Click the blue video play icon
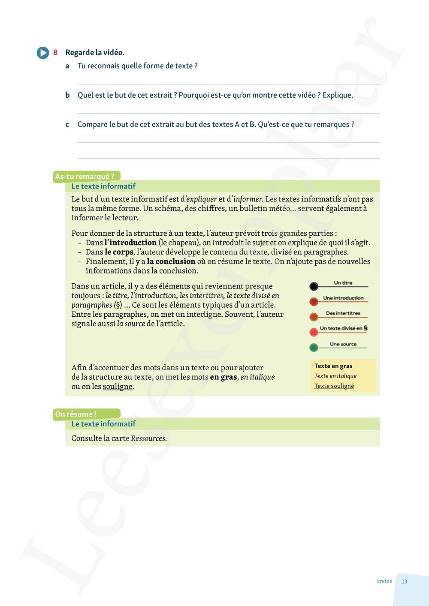point(43,53)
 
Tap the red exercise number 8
point(55,52)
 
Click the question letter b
point(67,95)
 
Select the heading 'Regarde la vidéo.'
point(95,52)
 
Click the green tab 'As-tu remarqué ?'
point(85,176)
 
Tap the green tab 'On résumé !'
point(76,414)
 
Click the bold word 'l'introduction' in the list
point(130,243)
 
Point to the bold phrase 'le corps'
point(119,252)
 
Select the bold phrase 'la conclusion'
point(171,261)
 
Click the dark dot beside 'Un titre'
point(314,286)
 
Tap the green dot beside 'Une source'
point(314,347)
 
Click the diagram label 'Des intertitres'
point(343,313)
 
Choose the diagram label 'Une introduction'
point(343,298)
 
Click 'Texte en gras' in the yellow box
point(333,366)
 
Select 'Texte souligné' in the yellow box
point(334,386)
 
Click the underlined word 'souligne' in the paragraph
point(118,387)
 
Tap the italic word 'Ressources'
point(148,438)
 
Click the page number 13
point(404,582)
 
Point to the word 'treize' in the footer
point(384,581)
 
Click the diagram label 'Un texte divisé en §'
point(344,328)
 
